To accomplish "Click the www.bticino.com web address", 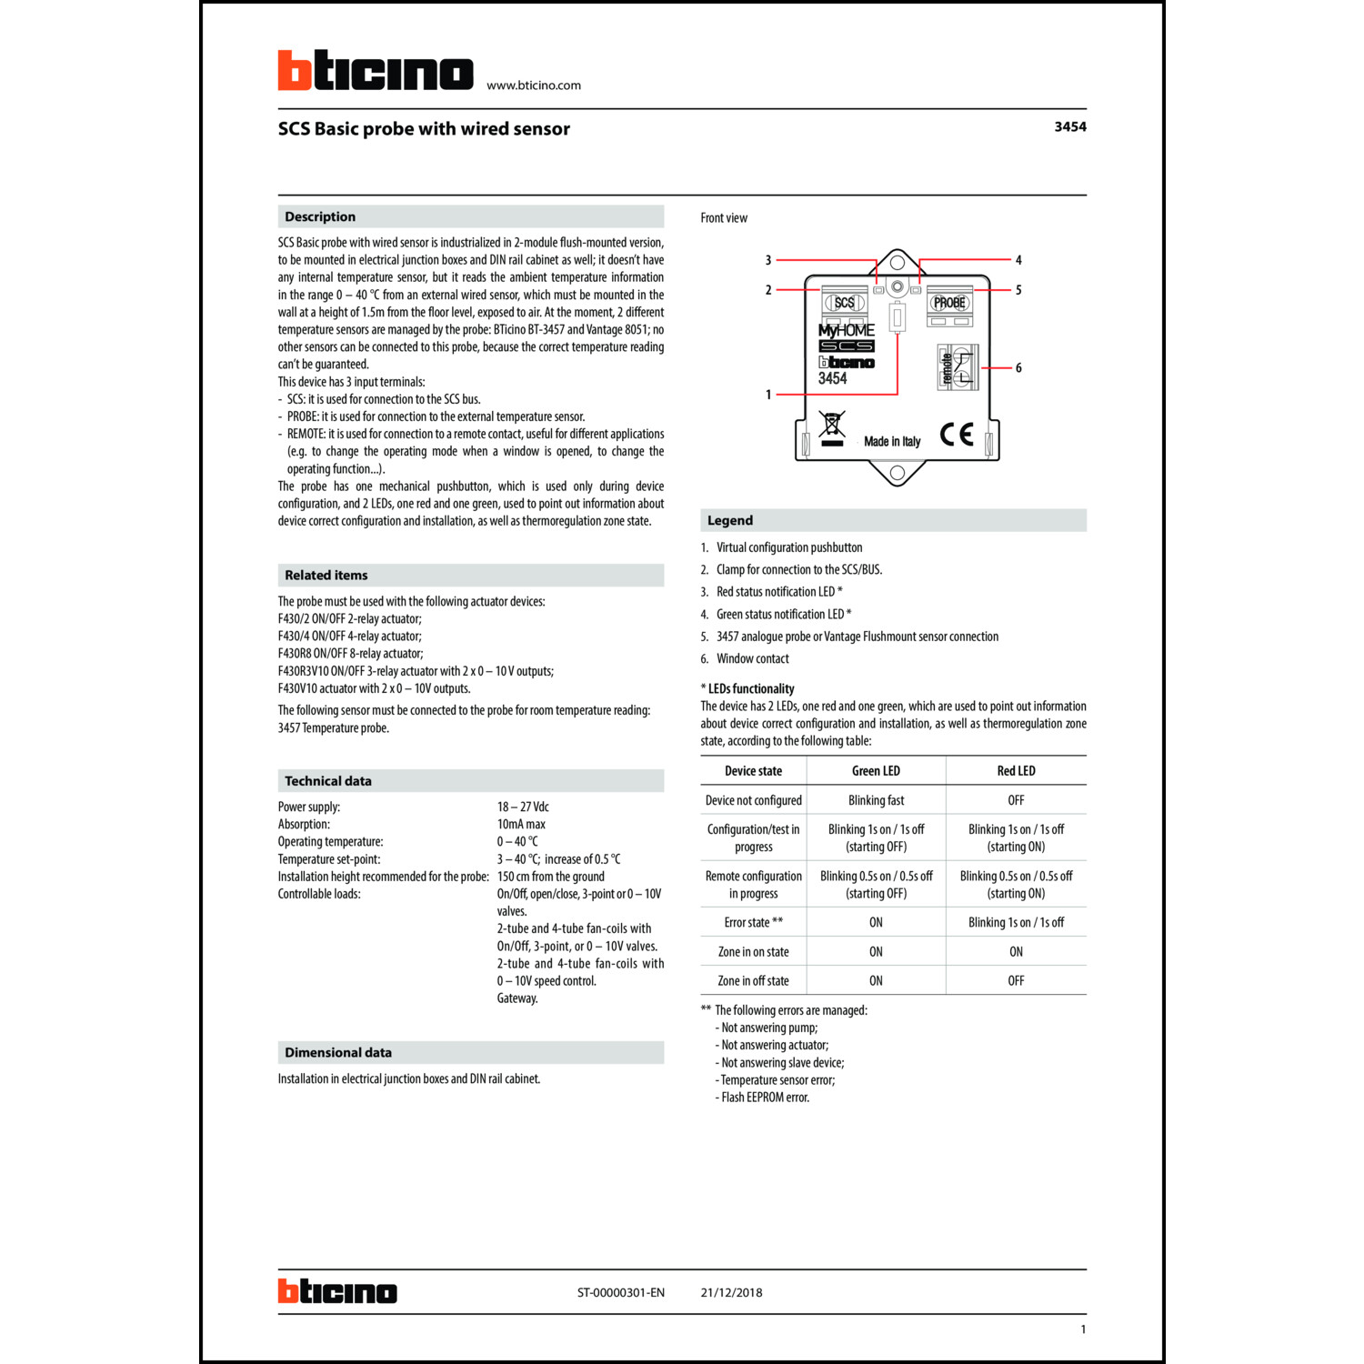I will (534, 85).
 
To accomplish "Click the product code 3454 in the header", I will (1069, 127).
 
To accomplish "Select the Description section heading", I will (320, 216).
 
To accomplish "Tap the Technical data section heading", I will (328, 781).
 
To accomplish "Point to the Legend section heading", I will (730, 521).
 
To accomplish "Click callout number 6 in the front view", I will (1018, 368).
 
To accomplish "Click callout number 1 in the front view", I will (768, 395).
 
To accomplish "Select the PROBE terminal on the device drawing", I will (949, 303).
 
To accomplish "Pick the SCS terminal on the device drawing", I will (845, 303).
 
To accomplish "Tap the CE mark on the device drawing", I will (957, 436).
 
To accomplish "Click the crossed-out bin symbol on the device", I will (832, 426).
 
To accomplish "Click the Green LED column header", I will (876, 771).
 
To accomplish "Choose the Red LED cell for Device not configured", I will (1016, 800).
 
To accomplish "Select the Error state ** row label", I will (753, 923).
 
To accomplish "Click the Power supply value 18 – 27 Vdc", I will (523, 807).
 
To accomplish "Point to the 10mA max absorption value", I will (521, 825).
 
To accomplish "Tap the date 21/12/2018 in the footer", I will (731, 1293).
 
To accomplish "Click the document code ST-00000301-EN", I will (620, 1293).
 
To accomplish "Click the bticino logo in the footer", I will (337, 1292).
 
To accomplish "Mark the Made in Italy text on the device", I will (892, 442).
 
